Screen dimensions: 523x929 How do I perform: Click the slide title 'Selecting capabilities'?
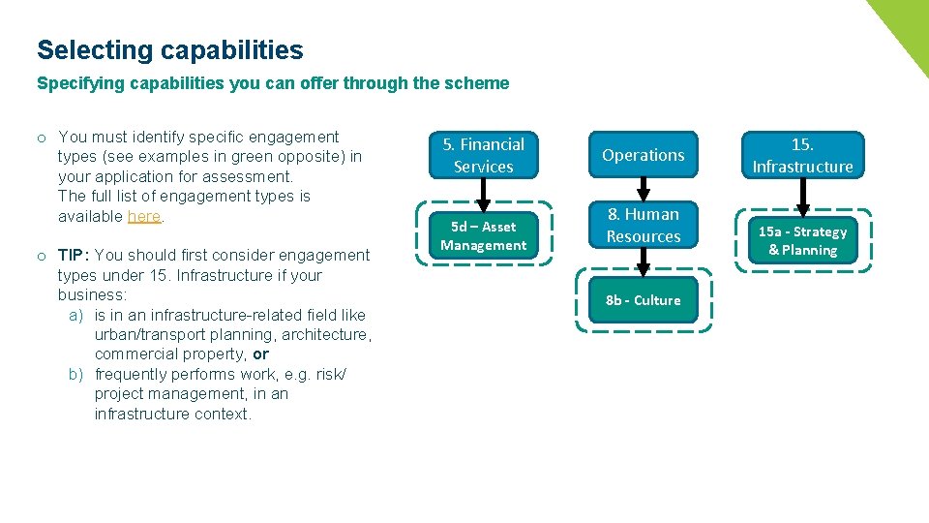169,50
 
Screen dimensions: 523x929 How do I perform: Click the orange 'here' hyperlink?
144,216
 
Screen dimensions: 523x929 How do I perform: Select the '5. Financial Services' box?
483,155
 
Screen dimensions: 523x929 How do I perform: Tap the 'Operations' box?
643,155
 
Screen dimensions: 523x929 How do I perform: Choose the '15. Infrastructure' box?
802,155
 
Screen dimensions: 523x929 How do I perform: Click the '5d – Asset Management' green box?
483,235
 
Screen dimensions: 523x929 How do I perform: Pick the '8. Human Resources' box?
643,225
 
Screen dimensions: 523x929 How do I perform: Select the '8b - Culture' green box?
643,300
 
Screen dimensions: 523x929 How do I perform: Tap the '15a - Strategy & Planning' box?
802,240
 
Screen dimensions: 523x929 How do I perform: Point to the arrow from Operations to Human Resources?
643,189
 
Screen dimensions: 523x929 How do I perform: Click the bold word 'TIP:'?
75,255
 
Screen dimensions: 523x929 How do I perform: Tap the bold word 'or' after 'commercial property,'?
260,354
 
